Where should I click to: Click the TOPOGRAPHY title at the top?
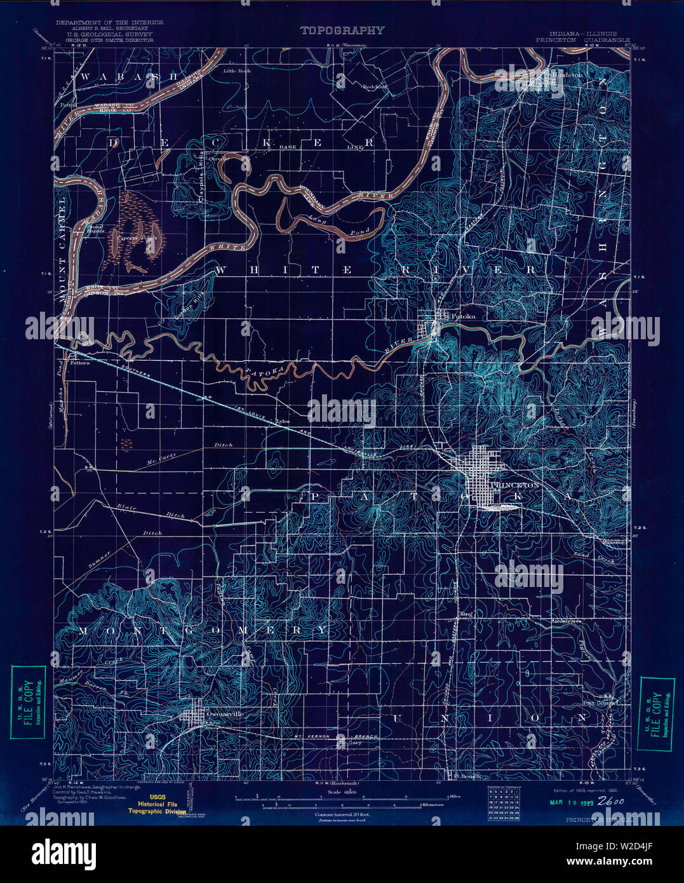[x=342, y=30]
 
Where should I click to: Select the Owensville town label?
[x=225, y=713]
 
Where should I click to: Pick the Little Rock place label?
[x=237, y=71]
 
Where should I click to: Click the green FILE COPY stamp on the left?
[x=28, y=702]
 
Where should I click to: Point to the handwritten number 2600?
[x=612, y=801]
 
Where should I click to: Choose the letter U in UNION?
[x=400, y=718]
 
